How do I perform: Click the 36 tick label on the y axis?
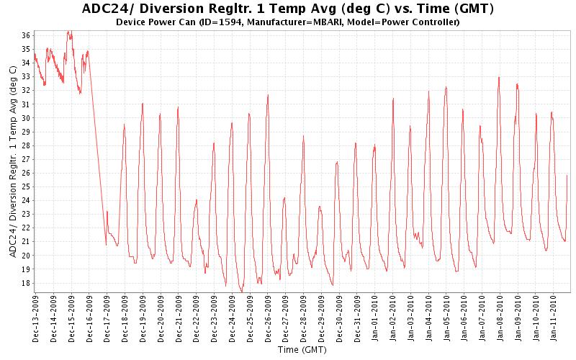pyautogui.click(x=25, y=35)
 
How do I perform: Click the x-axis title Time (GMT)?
pyautogui.click(x=304, y=351)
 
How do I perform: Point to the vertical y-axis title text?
pyautogui.click(x=14, y=159)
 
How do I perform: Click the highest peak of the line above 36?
pyautogui.click(x=68, y=31)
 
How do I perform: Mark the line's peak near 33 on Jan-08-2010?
pyautogui.click(x=499, y=77)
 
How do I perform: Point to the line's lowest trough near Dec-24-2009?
pyautogui.click(x=242, y=290)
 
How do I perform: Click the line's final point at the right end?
pyautogui.click(x=567, y=175)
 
